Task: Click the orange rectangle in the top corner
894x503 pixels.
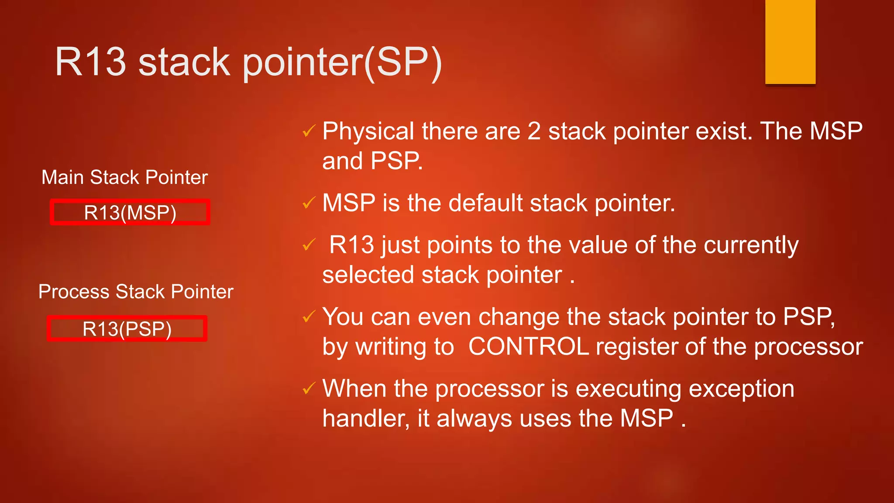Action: [790, 42]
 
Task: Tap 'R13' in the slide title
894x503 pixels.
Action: [90, 62]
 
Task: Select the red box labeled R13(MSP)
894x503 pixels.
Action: [130, 212]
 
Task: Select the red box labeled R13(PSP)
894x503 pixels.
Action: [127, 328]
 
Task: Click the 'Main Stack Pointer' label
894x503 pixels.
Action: [124, 177]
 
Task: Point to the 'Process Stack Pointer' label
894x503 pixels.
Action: [136, 292]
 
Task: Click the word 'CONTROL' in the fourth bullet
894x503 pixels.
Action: [528, 347]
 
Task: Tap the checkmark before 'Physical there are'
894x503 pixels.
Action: [309, 131]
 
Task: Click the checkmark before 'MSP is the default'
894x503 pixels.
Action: [309, 203]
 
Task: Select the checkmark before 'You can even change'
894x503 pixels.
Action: [309, 317]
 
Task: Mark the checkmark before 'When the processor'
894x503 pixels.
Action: [309, 388]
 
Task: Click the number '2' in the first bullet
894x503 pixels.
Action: [534, 131]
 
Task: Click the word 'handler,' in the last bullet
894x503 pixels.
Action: [366, 418]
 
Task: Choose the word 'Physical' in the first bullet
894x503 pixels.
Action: [368, 131]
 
